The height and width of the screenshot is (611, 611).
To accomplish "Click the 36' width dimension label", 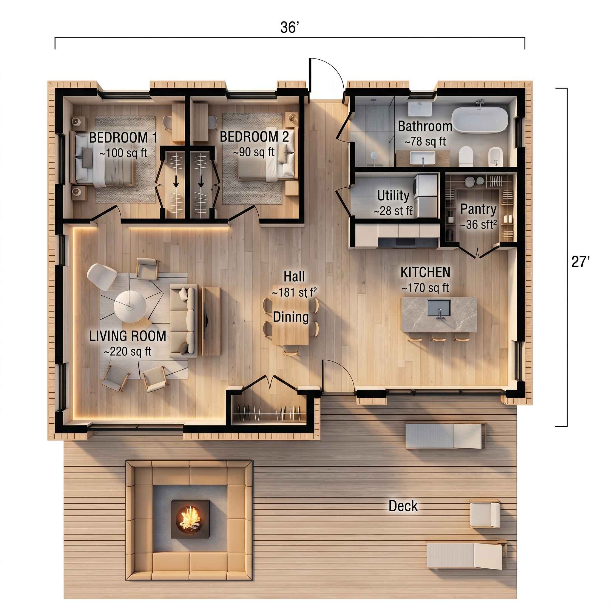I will pos(289,27).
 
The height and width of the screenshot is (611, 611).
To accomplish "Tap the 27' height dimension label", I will pos(580,262).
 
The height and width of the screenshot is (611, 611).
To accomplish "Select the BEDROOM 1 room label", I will pos(123,138).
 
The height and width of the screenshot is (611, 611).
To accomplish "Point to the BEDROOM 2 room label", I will pos(254,137).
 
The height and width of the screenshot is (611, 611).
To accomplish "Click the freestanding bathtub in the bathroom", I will pos(479,120).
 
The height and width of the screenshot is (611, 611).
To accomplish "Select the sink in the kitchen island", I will pos(439,308).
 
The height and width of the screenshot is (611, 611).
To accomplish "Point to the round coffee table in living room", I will pos(130,306).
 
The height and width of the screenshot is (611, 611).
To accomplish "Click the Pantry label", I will pos(478,209).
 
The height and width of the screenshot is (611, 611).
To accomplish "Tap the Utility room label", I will pos(393,196).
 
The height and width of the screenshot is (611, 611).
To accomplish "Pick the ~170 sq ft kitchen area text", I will pos(425,288).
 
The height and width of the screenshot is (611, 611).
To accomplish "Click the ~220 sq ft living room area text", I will pos(127,351).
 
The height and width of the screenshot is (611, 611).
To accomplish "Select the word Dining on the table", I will pos(291,317).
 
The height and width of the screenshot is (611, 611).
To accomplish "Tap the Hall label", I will pos(294,277).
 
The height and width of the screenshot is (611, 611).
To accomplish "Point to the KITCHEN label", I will pos(425,272).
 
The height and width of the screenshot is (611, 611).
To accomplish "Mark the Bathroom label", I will pos(425,126).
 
